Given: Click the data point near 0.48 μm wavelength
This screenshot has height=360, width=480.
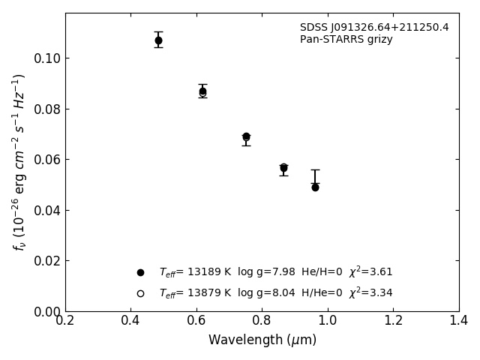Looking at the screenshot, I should point(158,40).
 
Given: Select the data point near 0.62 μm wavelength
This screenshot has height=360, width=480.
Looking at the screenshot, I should point(202,91).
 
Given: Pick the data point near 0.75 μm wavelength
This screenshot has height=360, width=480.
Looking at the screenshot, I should point(246,136).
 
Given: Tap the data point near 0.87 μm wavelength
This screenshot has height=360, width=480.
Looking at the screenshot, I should point(283,168).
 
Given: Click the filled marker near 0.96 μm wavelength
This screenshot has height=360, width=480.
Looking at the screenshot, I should point(315,187).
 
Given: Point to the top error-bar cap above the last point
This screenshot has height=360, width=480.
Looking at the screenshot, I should point(315,170).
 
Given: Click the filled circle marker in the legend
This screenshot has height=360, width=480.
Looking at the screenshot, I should point(140,272).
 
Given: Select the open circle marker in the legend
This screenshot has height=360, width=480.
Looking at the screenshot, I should point(140,293).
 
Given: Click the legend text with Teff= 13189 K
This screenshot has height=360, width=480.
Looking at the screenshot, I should point(275,272).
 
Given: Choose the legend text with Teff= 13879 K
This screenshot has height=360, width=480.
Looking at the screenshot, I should point(275,293).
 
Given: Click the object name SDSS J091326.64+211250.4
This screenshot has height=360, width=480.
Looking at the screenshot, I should point(374,28).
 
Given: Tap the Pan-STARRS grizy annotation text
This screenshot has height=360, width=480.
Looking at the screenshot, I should point(346,40).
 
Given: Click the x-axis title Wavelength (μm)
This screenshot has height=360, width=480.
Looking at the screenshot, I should point(262,340).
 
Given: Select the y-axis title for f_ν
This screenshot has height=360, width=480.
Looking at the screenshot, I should point(19,162).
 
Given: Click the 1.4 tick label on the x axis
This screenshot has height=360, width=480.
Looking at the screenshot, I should point(458,321).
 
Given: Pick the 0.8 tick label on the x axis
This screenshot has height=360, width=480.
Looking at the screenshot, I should point(262,321).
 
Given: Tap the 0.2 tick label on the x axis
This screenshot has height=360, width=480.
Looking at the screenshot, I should point(65,321).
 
